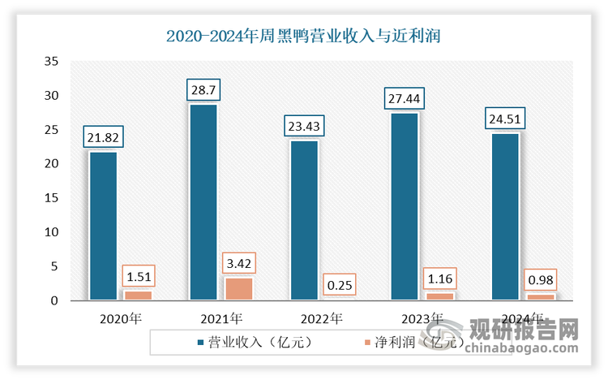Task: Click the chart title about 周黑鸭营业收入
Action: [304, 36]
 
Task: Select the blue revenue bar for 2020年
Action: [103, 226]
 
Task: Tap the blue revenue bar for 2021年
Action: [203, 202]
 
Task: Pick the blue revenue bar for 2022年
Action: [304, 220]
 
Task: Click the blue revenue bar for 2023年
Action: [405, 206]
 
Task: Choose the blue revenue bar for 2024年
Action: [504, 217]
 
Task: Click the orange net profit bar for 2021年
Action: [239, 288]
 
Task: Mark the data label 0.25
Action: [340, 286]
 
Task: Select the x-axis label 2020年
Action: [121, 318]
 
